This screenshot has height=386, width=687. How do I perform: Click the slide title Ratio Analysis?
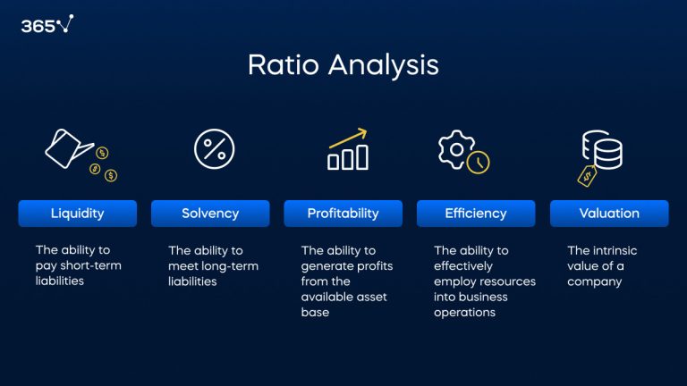point(343,65)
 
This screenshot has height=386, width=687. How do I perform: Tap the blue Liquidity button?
point(78,214)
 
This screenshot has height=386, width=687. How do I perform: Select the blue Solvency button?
point(210,214)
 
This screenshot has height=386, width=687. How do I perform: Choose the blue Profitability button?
point(343,214)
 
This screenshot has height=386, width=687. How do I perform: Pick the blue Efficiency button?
point(476,214)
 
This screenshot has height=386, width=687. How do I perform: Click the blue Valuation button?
point(609,214)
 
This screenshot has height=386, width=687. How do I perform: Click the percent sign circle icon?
point(215,148)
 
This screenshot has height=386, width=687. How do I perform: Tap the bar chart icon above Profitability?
point(348,157)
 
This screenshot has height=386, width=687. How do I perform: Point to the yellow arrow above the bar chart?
point(349,137)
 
